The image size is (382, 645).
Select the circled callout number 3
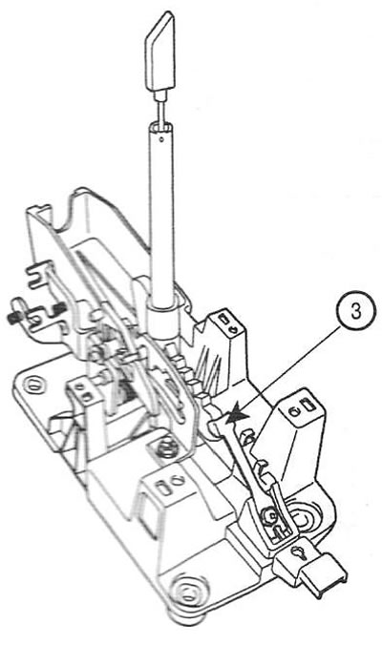(355, 310)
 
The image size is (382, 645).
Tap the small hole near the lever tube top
(161, 139)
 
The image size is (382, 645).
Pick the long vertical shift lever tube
(161, 214)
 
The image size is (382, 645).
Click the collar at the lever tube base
(163, 318)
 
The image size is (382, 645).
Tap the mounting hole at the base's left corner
(32, 385)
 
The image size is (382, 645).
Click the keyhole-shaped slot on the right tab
(298, 553)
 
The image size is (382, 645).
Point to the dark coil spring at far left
(13, 317)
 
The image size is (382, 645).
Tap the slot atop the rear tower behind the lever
(224, 318)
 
